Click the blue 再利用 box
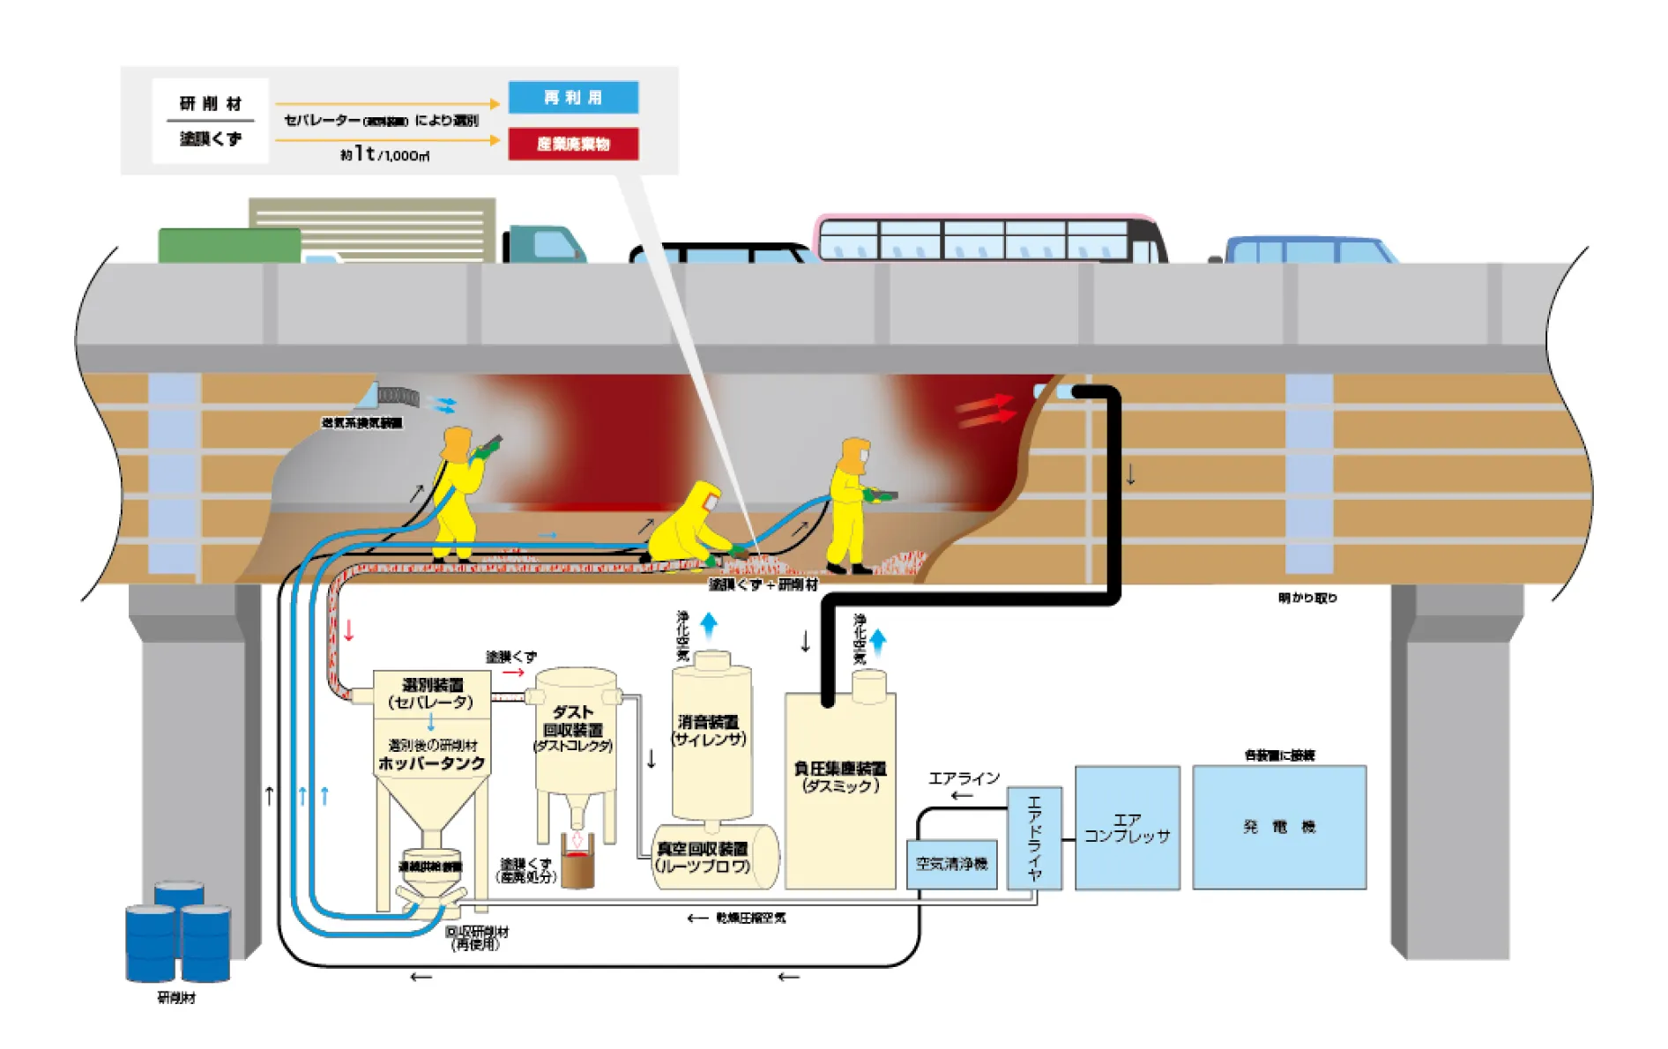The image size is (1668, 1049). [573, 97]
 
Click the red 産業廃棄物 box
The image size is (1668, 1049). [573, 144]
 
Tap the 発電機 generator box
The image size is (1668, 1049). [1278, 827]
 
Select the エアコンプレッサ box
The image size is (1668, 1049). [1127, 828]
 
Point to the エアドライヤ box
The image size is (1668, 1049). [1034, 837]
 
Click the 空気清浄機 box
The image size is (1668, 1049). [951, 864]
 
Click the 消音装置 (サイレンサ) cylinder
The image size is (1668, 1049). [711, 732]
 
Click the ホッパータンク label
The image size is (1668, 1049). [431, 763]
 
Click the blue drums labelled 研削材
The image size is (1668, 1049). [178, 934]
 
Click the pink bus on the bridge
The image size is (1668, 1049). [987, 238]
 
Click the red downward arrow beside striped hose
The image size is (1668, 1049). [349, 630]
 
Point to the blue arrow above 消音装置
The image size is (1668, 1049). [709, 624]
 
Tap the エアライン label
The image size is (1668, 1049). [964, 778]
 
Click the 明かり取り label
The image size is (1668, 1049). [1307, 598]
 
